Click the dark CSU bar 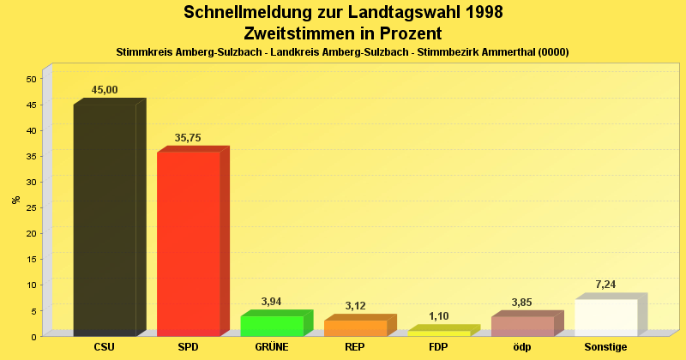105,219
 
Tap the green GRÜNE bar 271,326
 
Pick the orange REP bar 355,327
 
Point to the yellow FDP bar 438,333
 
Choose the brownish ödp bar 522,326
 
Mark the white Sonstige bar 605,317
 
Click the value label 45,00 105,90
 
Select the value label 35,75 188,137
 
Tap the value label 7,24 605,285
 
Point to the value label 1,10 438,316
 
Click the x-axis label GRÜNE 271,347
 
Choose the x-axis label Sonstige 605,347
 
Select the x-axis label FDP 438,347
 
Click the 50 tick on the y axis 31,79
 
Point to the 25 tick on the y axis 31,207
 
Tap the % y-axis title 15,200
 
